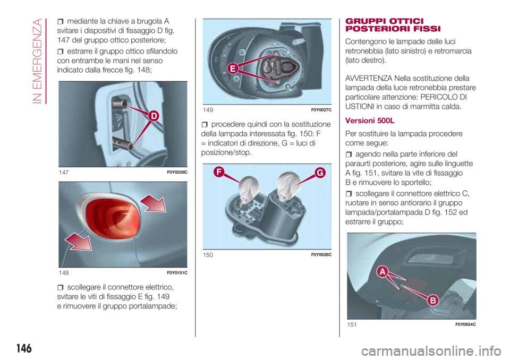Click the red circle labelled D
click(x=154, y=116)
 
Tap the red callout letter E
click(x=233, y=68)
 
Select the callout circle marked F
click(x=219, y=172)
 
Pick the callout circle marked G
click(x=320, y=173)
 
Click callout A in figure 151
click(x=383, y=271)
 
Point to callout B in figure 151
click(x=433, y=300)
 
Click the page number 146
click(x=24, y=349)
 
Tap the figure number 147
click(x=63, y=173)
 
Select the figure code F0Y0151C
click(x=177, y=273)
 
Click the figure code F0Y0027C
click(x=321, y=110)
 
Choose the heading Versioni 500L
click(x=370, y=121)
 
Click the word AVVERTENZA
click(x=369, y=79)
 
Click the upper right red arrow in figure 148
click(x=153, y=203)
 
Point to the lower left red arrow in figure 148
click(x=79, y=242)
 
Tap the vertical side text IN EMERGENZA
click(x=38, y=61)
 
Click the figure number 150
click(x=208, y=255)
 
